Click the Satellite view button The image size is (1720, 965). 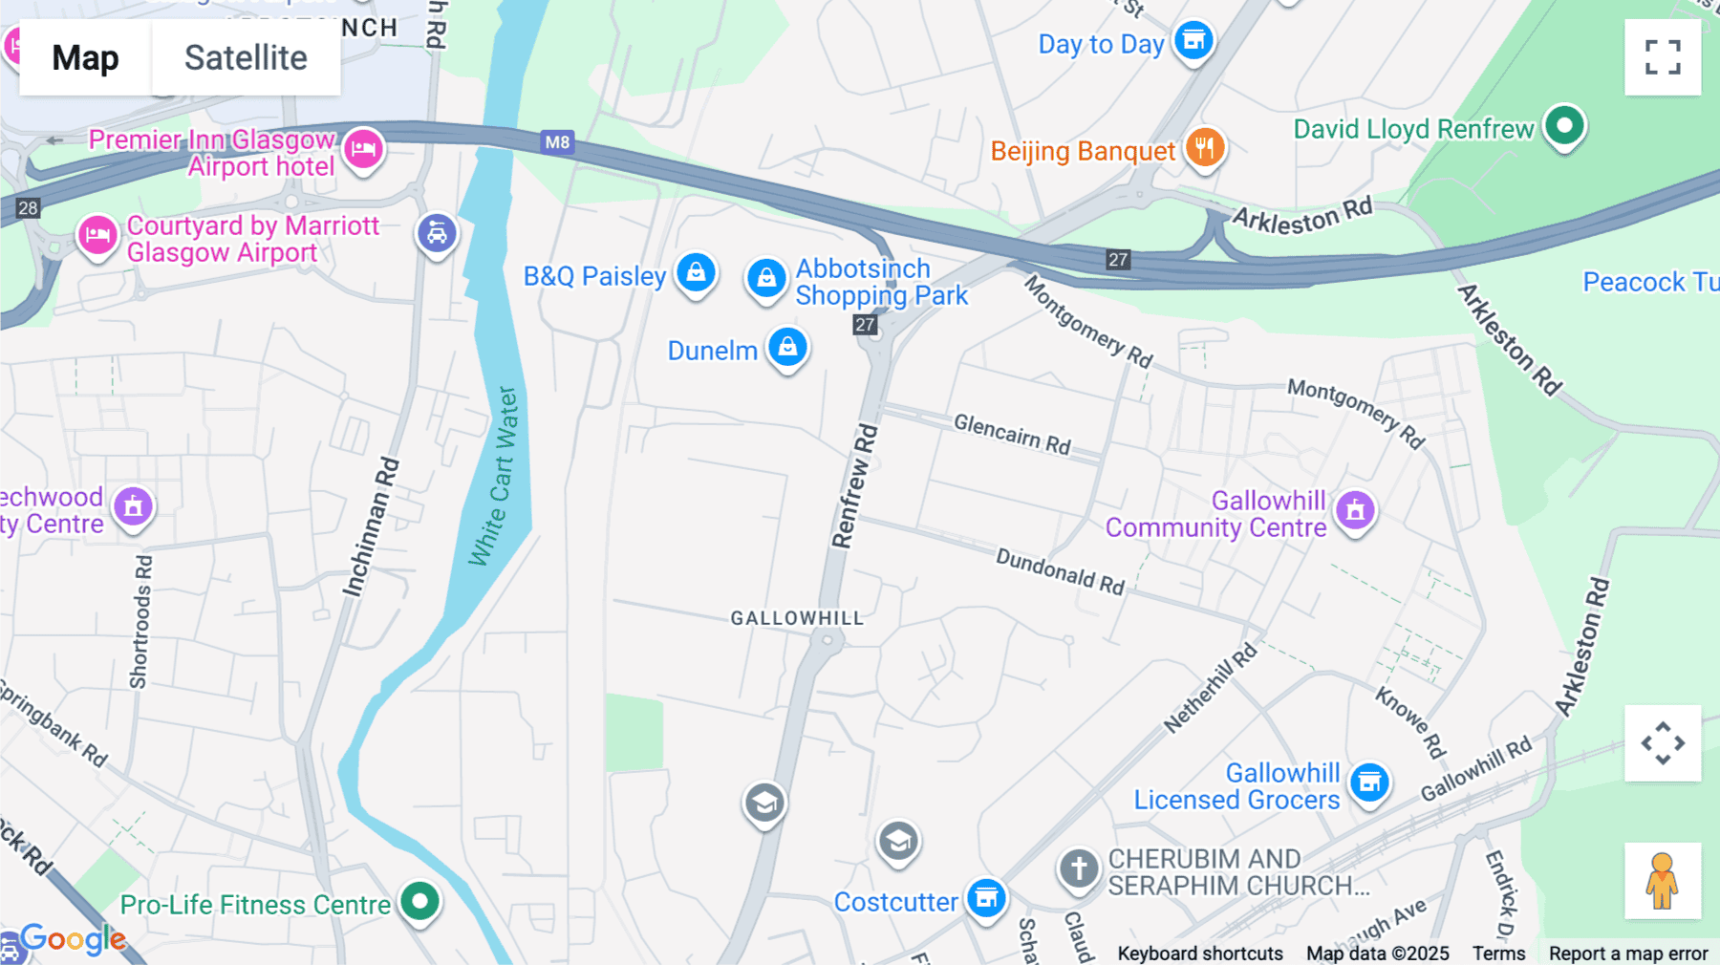pyautogui.click(x=246, y=57)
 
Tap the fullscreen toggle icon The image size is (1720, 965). pyautogui.click(x=1662, y=57)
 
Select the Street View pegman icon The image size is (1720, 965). pyautogui.click(x=1662, y=880)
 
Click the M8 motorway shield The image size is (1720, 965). pyautogui.click(x=557, y=142)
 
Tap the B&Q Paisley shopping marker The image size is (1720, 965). pyautogui.click(x=696, y=273)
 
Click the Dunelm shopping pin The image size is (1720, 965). pyautogui.click(x=787, y=348)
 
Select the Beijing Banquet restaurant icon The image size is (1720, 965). pyautogui.click(x=1205, y=148)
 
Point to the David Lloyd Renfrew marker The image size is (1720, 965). pyautogui.click(x=1564, y=125)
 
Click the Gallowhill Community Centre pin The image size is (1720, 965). pyautogui.click(x=1355, y=511)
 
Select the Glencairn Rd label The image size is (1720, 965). pyautogui.click(x=1012, y=435)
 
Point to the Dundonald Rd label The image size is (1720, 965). pyautogui.click(x=1060, y=570)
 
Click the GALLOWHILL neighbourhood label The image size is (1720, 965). pyautogui.click(x=797, y=618)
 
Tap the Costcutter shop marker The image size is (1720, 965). pyautogui.click(x=986, y=898)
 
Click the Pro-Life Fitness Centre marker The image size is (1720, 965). pyautogui.click(x=419, y=900)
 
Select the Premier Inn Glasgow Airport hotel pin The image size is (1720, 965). pyautogui.click(x=363, y=149)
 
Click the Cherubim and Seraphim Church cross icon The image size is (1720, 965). pyautogui.click(x=1079, y=869)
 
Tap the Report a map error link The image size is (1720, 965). pyautogui.click(x=1627, y=953)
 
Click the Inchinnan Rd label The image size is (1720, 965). pyautogui.click(x=371, y=528)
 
